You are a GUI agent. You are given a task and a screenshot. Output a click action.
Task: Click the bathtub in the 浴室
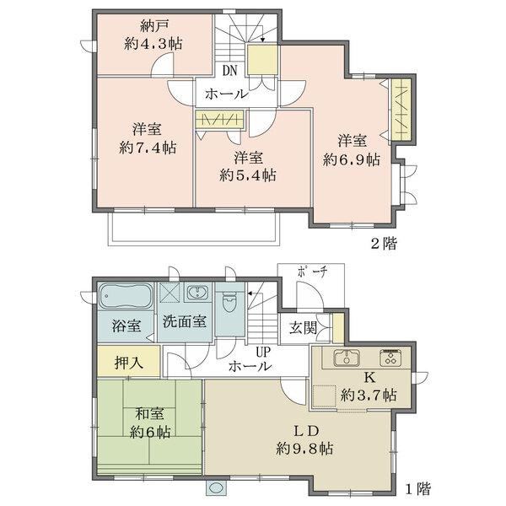pyautogui.click(x=126, y=296)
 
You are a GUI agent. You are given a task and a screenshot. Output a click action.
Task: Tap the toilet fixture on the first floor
pyautogui.click(x=229, y=302)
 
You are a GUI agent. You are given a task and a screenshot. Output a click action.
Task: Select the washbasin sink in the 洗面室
pyautogui.click(x=196, y=293)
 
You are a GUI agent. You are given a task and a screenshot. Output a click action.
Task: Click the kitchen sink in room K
pyautogui.click(x=347, y=358)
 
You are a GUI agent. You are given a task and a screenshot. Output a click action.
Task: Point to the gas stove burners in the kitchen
pyautogui.click(x=390, y=358)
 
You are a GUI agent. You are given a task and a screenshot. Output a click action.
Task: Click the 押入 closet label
pyautogui.click(x=129, y=363)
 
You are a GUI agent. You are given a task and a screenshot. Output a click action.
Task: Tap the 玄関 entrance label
pyautogui.click(x=303, y=328)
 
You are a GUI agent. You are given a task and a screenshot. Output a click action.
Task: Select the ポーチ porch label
pyautogui.click(x=312, y=272)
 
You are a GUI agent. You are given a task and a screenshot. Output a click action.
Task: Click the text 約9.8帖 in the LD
pyautogui.click(x=304, y=449)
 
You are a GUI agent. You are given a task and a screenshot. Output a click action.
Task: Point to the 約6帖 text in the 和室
pyautogui.click(x=150, y=432)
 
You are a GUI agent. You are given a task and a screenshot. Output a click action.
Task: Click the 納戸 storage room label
pyautogui.click(x=155, y=26)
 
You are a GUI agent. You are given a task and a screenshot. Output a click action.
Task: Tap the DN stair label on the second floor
pyautogui.click(x=230, y=70)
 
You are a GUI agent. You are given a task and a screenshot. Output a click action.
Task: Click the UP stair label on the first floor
pyautogui.click(x=263, y=352)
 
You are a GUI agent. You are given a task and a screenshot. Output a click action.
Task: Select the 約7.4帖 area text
pyautogui.click(x=148, y=148)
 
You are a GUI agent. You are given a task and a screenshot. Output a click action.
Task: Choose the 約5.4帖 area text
pyautogui.click(x=248, y=175)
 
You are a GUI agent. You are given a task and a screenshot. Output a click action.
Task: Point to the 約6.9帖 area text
pyautogui.click(x=352, y=159)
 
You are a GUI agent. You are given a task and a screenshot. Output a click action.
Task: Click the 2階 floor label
pyautogui.click(x=384, y=244)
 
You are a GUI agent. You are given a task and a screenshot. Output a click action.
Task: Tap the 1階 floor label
pyautogui.click(x=418, y=489)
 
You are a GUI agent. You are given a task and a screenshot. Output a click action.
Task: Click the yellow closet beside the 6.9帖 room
pyautogui.click(x=401, y=110)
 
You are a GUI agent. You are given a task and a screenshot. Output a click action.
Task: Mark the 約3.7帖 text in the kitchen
pyautogui.click(x=369, y=395)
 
